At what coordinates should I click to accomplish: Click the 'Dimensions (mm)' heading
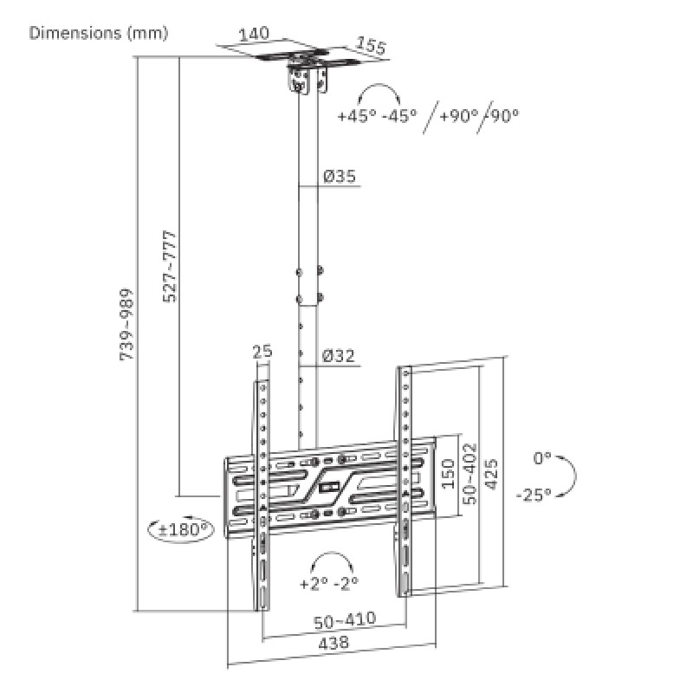(x=99, y=34)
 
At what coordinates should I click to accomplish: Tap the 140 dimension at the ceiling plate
(x=254, y=34)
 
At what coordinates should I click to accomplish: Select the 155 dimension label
(x=370, y=46)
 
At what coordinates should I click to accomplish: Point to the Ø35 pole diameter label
(x=340, y=177)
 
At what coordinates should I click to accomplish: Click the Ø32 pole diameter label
(x=340, y=355)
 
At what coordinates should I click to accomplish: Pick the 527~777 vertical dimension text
(x=171, y=266)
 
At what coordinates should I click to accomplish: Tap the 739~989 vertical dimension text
(x=127, y=325)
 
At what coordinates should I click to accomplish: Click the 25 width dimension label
(x=262, y=352)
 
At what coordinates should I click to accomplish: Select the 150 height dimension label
(x=448, y=475)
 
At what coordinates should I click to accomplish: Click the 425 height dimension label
(x=491, y=475)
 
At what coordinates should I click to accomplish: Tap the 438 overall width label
(x=334, y=643)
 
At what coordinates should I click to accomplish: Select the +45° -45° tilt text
(x=378, y=115)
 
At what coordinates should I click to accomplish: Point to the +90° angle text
(x=459, y=115)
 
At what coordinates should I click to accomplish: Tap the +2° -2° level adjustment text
(x=329, y=583)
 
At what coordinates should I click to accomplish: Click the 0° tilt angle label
(x=542, y=457)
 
